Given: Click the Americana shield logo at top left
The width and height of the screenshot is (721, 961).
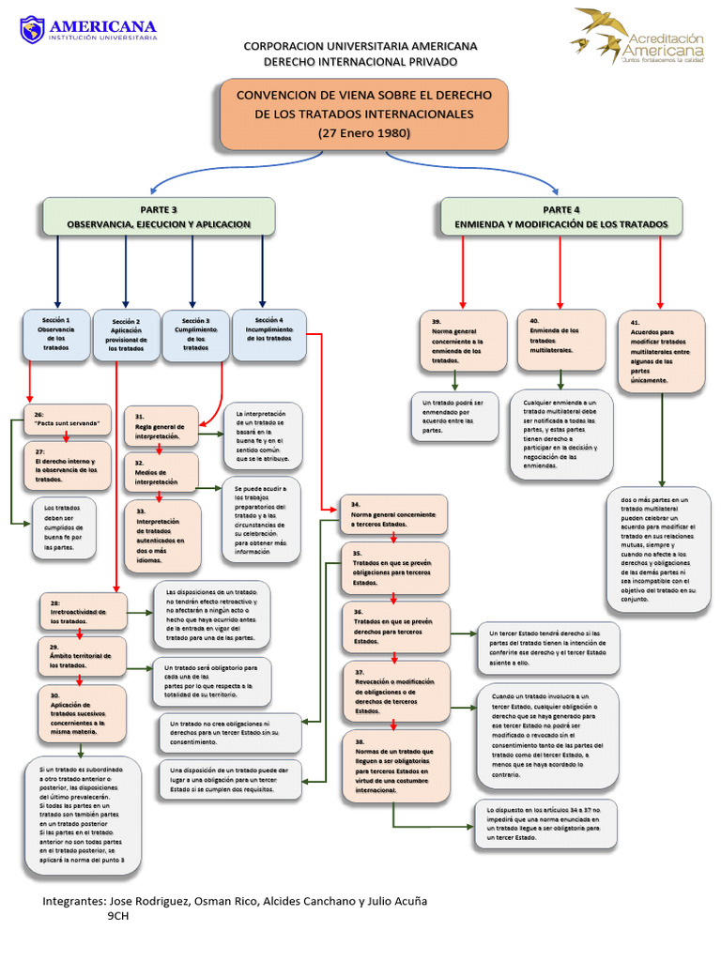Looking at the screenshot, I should pyautogui.click(x=32, y=29).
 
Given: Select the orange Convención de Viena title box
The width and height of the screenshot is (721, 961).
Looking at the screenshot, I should pyautogui.click(x=363, y=114).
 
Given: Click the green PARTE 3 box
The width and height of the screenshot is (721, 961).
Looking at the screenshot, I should pyautogui.click(x=159, y=216).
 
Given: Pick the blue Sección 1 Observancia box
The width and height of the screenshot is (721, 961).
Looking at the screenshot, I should pyautogui.click(x=56, y=334).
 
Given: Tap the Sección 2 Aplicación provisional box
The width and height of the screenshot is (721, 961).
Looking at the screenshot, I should pyautogui.click(x=126, y=334).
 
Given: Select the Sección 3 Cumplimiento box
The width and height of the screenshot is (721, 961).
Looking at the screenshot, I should pyautogui.click(x=195, y=334).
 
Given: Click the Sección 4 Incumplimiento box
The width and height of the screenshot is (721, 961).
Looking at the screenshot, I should pyautogui.click(x=268, y=332).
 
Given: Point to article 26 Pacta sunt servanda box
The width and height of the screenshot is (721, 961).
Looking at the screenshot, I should pyautogui.click(x=61, y=419).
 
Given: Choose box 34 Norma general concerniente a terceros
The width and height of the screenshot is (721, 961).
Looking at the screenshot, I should pyautogui.click(x=393, y=515).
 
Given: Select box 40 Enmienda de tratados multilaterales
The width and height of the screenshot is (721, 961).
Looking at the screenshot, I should pyautogui.click(x=560, y=339).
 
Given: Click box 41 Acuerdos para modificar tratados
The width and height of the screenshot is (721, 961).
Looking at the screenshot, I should pyautogui.click(x=661, y=350).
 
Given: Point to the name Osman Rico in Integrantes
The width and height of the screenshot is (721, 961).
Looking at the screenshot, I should pyautogui.click(x=227, y=901).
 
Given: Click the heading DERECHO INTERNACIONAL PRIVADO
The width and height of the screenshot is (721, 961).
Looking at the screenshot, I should pyautogui.click(x=360, y=61).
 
